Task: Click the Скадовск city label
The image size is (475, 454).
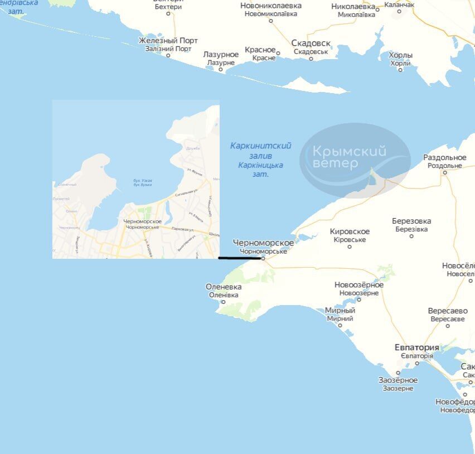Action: coord(311,44)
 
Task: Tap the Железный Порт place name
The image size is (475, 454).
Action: coord(168,41)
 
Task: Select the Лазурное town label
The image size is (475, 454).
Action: coord(221,55)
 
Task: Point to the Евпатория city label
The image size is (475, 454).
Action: coord(416,348)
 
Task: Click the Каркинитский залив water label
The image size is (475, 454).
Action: coord(260,146)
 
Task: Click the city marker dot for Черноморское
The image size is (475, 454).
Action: coord(263,258)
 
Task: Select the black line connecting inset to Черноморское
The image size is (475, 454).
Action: coord(240,258)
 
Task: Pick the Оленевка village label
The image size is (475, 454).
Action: coord(223,287)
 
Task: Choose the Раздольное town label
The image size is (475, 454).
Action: coord(444,158)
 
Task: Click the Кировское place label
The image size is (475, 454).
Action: coord(350,232)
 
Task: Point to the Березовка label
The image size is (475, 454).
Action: coord(411,221)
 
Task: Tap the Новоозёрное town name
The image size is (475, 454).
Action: coord(359,285)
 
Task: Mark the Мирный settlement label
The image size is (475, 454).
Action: coord(340,311)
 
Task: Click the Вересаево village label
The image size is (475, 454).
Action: coord(447,311)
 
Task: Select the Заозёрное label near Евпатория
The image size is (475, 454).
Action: coord(398,380)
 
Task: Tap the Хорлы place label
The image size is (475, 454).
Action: coord(400,56)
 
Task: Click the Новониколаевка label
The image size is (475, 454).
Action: coord(271,6)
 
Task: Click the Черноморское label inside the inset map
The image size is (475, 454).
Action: coord(143,222)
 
